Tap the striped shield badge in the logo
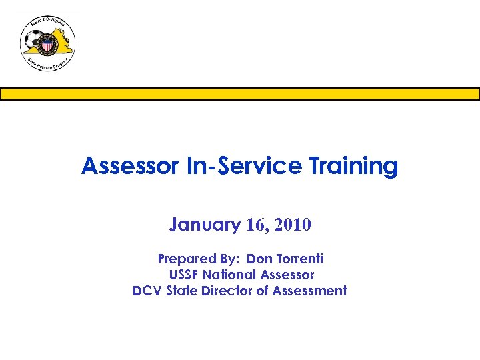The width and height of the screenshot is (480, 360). (x=48, y=45)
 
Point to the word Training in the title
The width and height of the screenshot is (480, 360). (x=353, y=166)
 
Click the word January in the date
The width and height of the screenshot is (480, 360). (x=205, y=225)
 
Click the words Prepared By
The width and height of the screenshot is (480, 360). (x=197, y=259)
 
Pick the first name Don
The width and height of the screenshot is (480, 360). (x=260, y=259)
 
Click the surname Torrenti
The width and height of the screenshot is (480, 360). (x=299, y=259)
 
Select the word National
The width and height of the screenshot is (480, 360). (x=229, y=275)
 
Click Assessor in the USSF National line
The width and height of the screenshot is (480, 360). (x=287, y=275)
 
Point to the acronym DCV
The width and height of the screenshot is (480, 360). (x=147, y=291)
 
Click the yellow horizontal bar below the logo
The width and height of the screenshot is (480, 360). (x=240, y=94)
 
